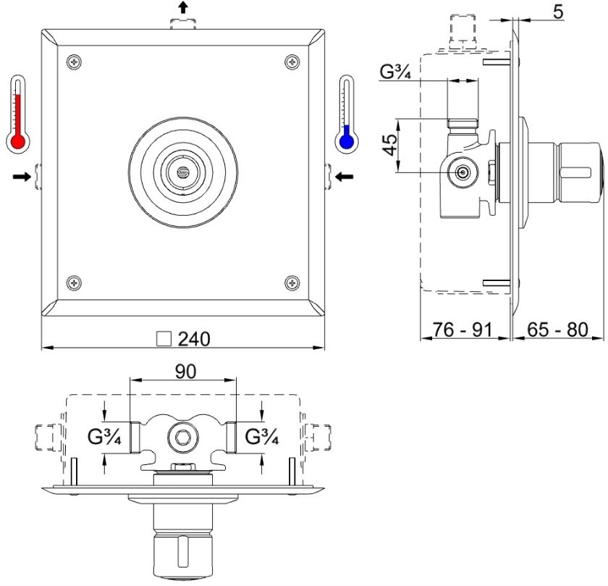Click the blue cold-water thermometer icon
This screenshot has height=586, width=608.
[x=346, y=114]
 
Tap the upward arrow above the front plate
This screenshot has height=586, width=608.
[x=183, y=7]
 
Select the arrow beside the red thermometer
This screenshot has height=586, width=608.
[x=22, y=177]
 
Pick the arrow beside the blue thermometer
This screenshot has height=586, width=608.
[x=345, y=177]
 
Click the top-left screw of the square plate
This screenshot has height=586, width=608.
[x=74, y=62]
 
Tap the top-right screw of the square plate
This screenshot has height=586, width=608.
[x=292, y=62]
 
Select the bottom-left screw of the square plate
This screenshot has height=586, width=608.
[x=74, y=283]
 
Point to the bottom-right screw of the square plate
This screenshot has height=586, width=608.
[x=292, y=283]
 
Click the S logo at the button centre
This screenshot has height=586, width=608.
[x=182, y=172]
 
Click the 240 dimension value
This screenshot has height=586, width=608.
[x=194, y=339]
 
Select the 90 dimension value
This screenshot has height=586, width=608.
[x=186, y=372]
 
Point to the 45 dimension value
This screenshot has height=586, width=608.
[x=390, y=145]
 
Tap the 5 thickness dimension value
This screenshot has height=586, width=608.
[x=557, y=12]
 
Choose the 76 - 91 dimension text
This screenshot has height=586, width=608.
[x=463, y=330]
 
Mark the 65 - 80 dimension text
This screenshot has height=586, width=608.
[x=557, y=330]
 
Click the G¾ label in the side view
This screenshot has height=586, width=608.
[x=395, y=72]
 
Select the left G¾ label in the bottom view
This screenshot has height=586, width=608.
[x=104, y=438]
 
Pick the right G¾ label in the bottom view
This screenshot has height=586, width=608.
[x=262, y=438]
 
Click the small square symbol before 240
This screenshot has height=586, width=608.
[x=164, y=339]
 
